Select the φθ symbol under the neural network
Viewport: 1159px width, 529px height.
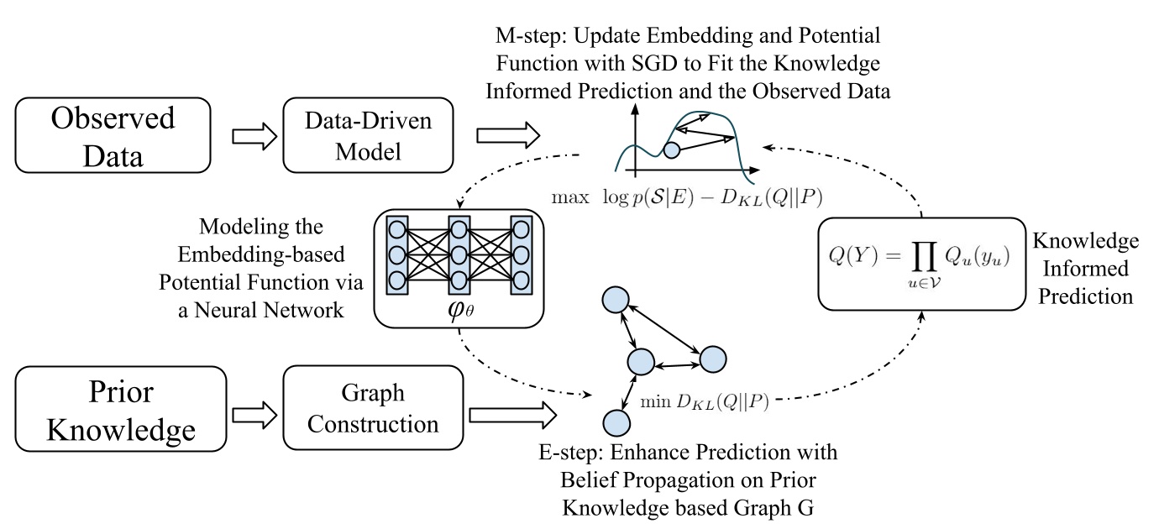[x=463, y=303]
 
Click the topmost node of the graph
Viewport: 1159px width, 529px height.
[x=617, y=299]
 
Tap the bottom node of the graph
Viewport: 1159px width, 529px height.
[x=616, y=422]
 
